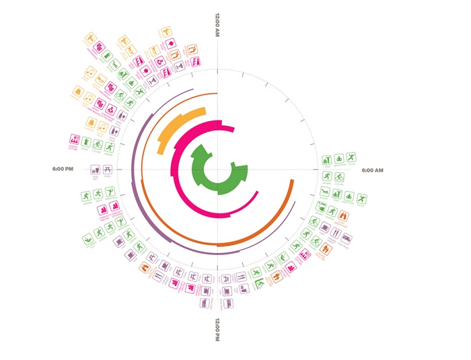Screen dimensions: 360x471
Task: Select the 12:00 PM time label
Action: pyautogui.click(x=217, y=328)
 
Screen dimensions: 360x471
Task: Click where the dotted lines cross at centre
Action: pyautogui.click(x=217, y=169)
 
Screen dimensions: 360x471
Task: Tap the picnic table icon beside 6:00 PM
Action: pyautogui.click(x=108, y=170)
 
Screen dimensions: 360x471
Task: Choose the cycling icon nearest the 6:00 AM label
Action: pyautogui.click(x=326, y=161)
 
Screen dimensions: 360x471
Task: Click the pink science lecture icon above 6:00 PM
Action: pyautogui.click(x=75, y=140)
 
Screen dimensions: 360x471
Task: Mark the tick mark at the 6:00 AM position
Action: pyautogui.click(x=314, y=169)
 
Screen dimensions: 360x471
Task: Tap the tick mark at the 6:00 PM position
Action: pyautogui.click(x=120, y=169)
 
